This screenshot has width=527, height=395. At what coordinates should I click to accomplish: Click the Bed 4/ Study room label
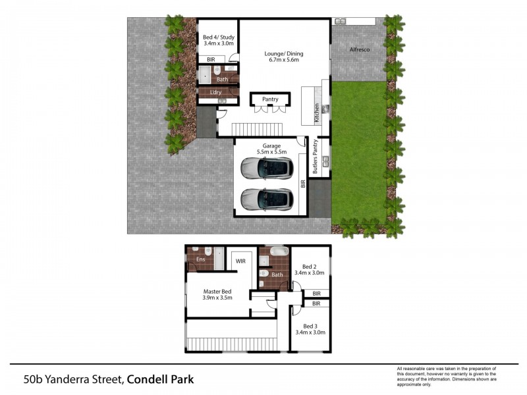(x=219, y=38)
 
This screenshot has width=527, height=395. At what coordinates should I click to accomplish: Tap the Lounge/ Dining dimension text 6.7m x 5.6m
(x=284, y=60)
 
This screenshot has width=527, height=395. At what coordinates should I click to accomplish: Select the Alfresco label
(x=360, y=49)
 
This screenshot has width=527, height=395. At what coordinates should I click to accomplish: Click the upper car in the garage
(x=267, y=167)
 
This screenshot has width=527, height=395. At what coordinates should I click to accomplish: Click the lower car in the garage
(x=267, y=199)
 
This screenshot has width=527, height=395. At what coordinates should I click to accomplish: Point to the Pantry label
(x=270, y=99)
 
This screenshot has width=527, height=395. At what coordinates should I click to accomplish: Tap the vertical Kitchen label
(x=317, y=113)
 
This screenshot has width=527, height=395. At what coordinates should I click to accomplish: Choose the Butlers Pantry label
(x=315, y=157)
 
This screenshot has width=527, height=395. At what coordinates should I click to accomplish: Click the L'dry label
(x=215, y=92)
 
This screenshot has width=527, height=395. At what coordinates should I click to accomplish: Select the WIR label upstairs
(x=240, y=261)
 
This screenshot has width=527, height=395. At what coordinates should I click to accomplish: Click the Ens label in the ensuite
(x=201, y=259)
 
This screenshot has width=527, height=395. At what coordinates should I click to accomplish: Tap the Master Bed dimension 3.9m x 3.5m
(x=217, y=298)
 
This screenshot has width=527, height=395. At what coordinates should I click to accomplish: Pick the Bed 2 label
(x=309, y=267)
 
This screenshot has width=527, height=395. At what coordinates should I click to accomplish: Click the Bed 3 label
(x=310, y=326)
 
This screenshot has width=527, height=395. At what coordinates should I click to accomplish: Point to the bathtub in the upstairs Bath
(x=279, y=251)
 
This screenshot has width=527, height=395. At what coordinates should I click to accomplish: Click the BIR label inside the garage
(x=303, y=184)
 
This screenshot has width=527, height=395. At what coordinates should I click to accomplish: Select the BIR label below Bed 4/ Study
(x=211, y=59)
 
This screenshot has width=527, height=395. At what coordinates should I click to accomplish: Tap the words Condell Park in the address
(x=160, y=380)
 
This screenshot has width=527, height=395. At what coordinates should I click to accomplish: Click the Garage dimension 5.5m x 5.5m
(x=271, y=152)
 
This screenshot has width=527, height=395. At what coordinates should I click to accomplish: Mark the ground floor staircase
(x=257, y=129)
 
